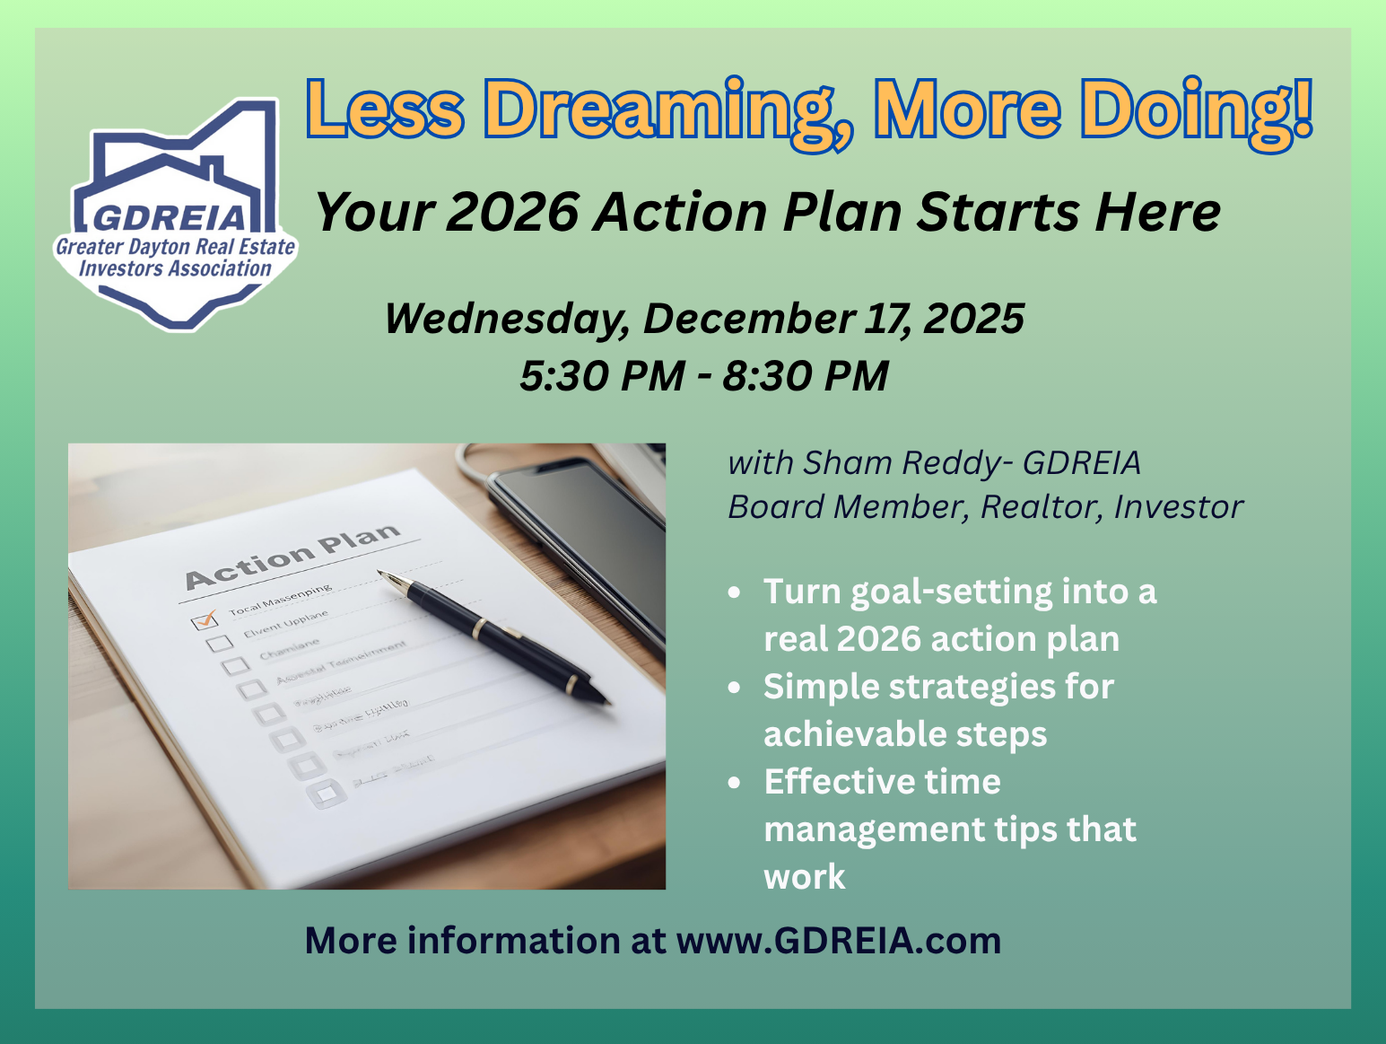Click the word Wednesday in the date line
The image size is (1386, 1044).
click(506, 319)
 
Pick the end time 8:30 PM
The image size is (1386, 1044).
click(806, 375)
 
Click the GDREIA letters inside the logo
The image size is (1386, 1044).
click(170, 217)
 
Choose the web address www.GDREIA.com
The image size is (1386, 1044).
click(838, 941)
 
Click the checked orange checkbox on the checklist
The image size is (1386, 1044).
click(205, 619)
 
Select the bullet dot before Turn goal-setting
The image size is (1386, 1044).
click(736, 593)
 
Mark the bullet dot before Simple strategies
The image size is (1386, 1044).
click(736, 689)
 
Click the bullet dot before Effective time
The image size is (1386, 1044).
click(736, 784)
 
